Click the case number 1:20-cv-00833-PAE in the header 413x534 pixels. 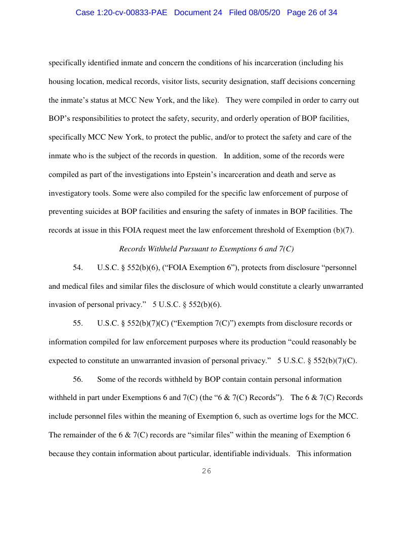pos(122,13)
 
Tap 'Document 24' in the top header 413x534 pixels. pos(198,13)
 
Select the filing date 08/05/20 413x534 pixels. pos(266,13)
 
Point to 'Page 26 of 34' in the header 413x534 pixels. pos(312,13)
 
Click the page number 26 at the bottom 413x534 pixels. pos(206,471)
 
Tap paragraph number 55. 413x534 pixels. pos(78,323)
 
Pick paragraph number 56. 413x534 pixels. pos(78,379)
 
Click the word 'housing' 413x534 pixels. pos(61,81)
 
